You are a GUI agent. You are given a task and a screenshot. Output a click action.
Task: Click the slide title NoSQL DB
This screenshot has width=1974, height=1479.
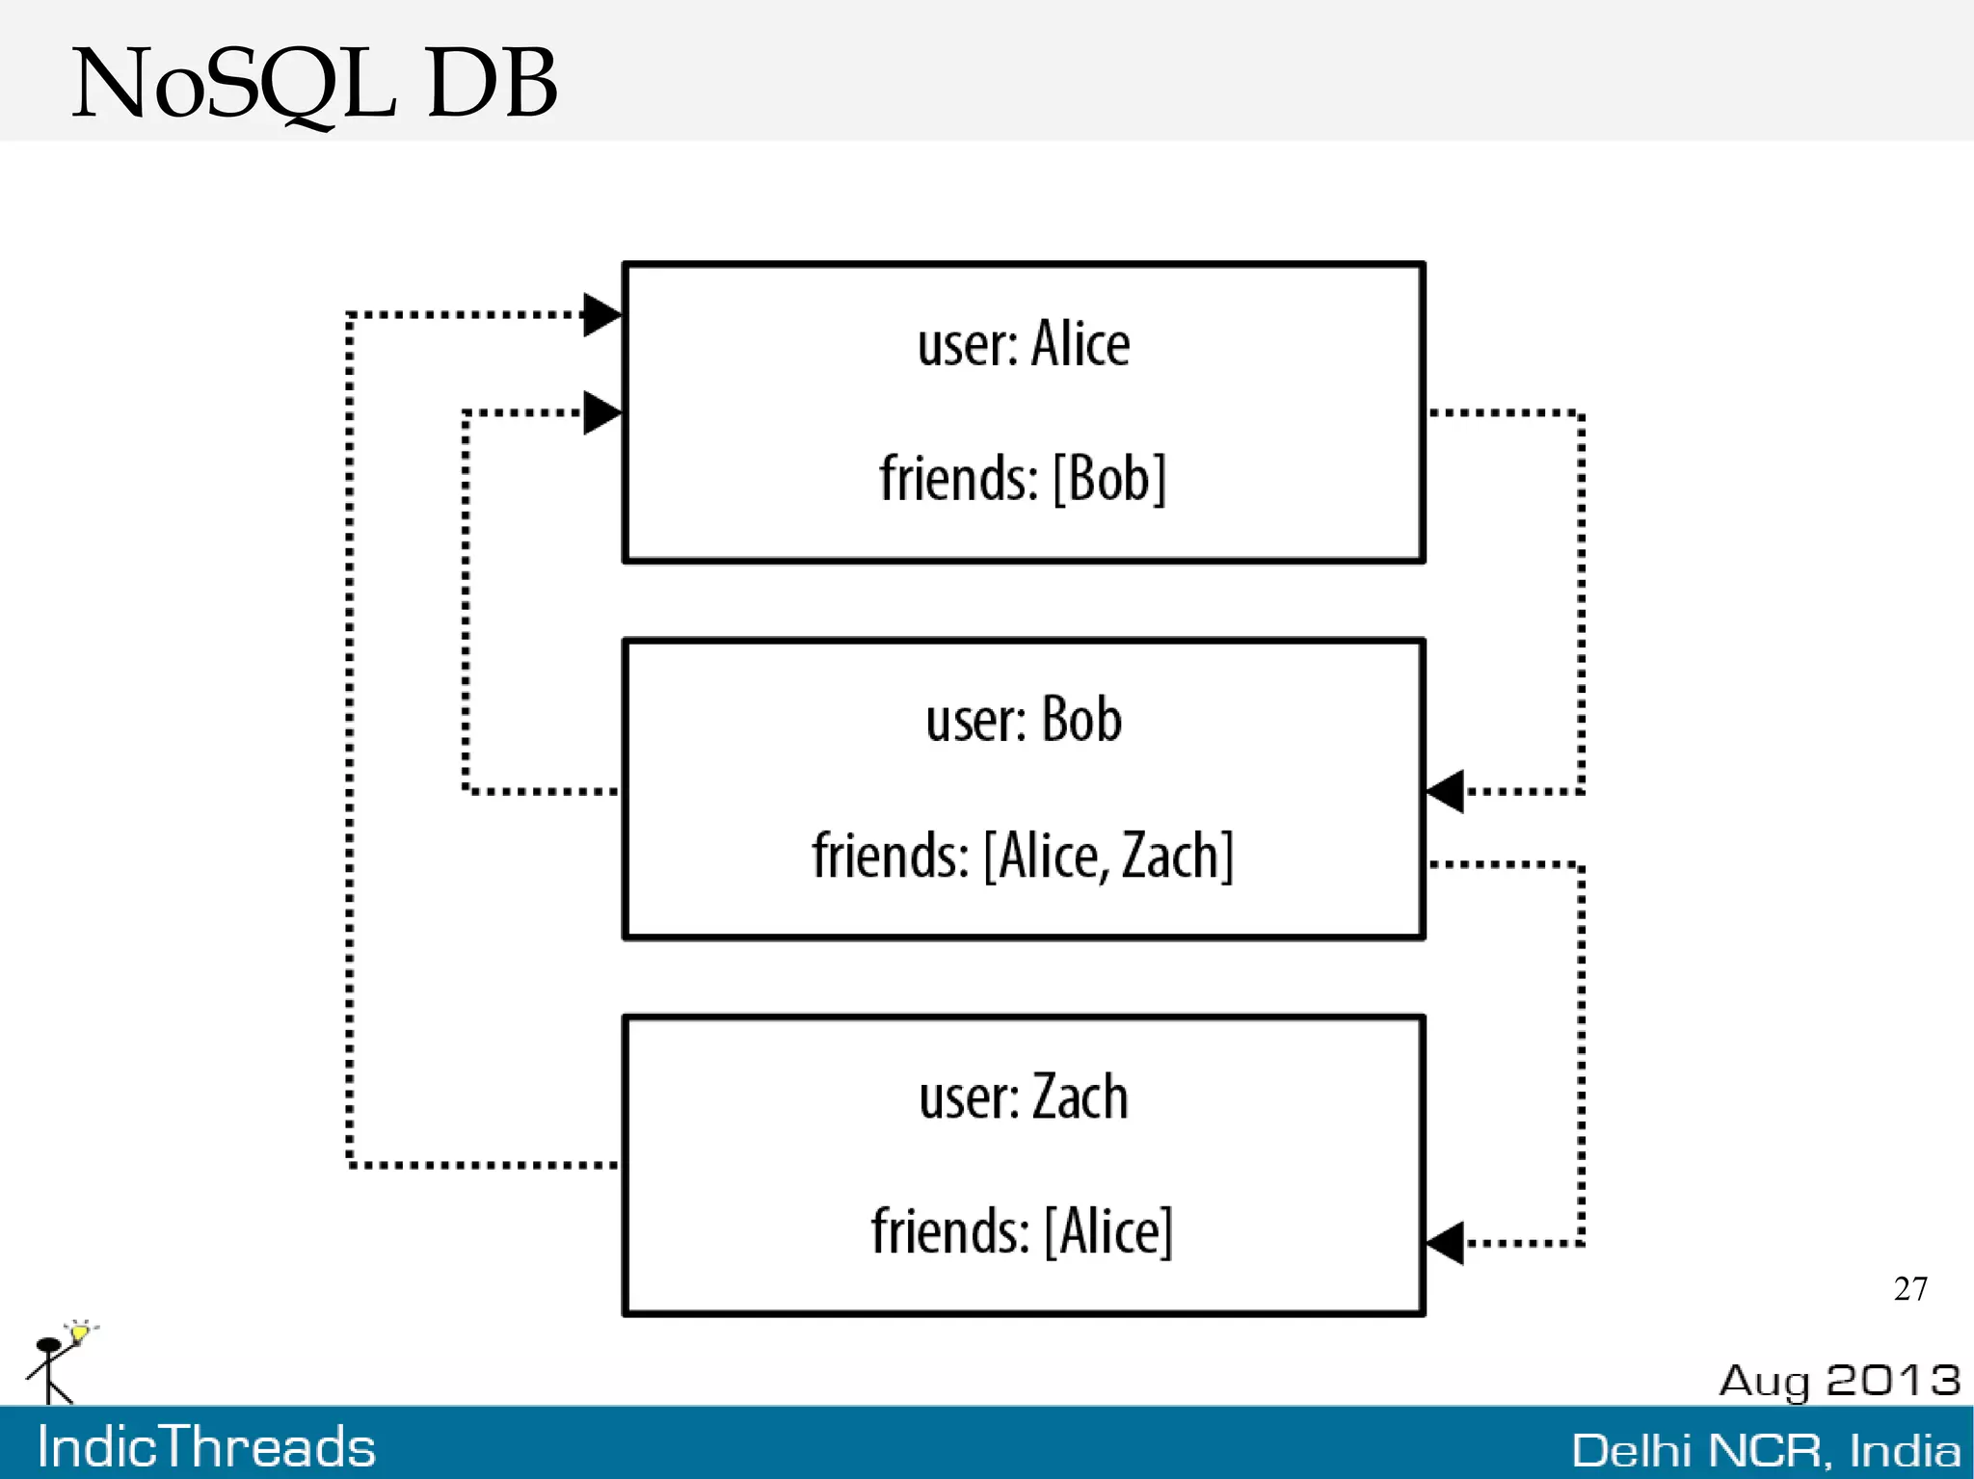314,85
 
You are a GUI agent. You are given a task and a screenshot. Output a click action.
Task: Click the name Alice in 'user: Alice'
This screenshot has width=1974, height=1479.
1080,344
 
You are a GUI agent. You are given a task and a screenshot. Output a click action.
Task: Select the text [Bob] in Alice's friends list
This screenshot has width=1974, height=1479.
1109,478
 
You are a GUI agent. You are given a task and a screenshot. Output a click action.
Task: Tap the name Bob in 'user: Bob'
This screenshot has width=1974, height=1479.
1081,720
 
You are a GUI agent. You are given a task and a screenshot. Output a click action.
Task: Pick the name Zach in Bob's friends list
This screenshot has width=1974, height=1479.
1170,856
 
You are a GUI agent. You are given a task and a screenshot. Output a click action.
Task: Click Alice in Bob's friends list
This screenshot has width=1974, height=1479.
1049,856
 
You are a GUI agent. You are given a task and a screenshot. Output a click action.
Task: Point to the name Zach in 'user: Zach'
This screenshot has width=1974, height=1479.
1080,1096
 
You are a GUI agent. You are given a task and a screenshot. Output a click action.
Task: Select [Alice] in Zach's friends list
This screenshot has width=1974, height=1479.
1109,1231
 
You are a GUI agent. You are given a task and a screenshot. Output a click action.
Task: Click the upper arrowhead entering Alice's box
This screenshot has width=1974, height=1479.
602,315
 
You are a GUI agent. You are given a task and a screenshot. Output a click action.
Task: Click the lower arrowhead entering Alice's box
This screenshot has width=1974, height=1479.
602,413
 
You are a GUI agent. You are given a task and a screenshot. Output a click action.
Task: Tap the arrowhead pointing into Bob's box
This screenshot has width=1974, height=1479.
1445,791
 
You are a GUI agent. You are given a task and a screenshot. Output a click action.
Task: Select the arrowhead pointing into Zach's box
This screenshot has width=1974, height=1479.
1445,1243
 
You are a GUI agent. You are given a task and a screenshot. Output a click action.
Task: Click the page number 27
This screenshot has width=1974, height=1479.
1910,1289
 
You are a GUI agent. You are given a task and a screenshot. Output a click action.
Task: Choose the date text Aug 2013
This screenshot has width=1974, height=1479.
1839,1381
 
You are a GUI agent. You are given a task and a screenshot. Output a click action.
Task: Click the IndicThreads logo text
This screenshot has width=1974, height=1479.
206,1447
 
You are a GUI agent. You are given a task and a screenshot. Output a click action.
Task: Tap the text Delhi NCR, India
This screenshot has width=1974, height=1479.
1766,1450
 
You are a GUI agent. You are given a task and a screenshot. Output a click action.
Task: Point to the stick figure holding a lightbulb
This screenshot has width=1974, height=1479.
58,1362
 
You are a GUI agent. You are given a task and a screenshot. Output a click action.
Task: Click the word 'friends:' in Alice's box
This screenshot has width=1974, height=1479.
958,478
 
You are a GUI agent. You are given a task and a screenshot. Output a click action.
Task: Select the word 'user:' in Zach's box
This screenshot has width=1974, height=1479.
968,1097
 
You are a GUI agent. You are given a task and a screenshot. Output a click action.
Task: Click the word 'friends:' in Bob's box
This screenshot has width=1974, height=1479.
890,856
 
